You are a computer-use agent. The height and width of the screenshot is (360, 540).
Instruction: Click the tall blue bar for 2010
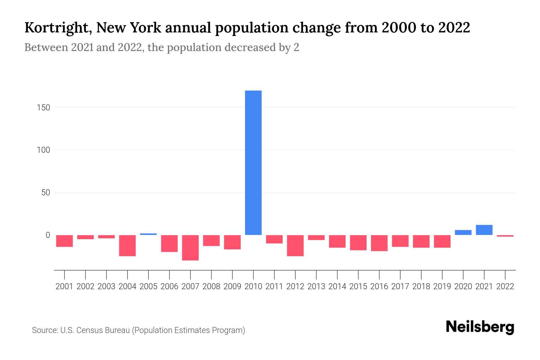pos(253,163)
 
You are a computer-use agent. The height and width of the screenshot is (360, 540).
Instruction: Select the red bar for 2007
pos(190,247)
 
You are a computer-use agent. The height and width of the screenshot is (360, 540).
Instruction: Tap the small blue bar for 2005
pos(148,234)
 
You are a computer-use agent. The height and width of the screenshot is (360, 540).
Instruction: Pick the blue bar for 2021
pos(484,230)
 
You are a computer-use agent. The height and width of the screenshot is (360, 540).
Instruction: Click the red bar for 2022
pos(505,236)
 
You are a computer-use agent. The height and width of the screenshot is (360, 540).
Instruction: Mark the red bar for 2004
pos(127,245)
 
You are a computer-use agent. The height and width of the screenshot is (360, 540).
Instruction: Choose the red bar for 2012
pos(295,245)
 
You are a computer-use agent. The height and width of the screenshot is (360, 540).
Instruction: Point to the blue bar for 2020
pos(463,232)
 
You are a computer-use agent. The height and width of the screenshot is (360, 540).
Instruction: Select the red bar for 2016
pos(379,243)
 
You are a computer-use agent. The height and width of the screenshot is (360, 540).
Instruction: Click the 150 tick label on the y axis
pos(43,107)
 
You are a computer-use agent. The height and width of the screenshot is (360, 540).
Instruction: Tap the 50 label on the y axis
pos(46,192)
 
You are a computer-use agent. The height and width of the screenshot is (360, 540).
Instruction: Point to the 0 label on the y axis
pos(48,235)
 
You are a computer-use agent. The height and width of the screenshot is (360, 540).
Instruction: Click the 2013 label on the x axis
pos(316,286)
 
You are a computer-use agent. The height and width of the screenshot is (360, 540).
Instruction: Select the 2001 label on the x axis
pos(64,286)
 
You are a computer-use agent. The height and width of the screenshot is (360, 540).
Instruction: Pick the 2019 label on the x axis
pos(442,286)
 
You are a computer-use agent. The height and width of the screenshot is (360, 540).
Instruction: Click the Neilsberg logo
pos(480,327)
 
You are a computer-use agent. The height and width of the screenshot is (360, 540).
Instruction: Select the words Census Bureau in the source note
pos(103,330)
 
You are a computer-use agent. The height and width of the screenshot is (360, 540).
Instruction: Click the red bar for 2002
pos(85,237)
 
